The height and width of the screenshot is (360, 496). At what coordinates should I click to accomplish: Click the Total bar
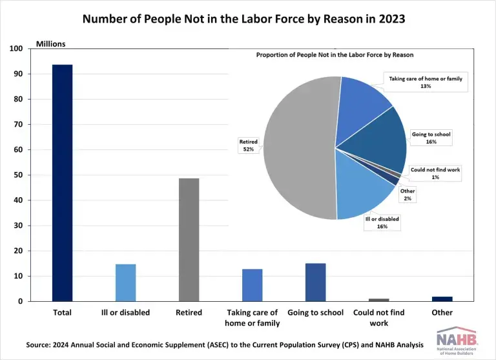(x=62, y=183)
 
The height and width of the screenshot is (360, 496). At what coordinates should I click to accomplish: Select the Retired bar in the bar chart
(x=189, y=239)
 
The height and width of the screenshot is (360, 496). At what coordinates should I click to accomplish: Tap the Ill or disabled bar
(x=125, y=282)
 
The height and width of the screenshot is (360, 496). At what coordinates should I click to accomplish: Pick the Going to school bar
(x=315, y=282)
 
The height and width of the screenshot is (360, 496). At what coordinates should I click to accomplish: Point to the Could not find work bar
(x=378, y=300)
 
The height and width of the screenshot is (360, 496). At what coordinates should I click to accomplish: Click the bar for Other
(x=442, y=299)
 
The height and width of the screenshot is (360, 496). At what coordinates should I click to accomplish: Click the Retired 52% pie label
(x=249, y=145)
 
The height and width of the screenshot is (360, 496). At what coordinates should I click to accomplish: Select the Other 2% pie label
(x=407, y=195)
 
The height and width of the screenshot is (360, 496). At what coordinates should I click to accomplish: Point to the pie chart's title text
(x=335, y=55)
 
